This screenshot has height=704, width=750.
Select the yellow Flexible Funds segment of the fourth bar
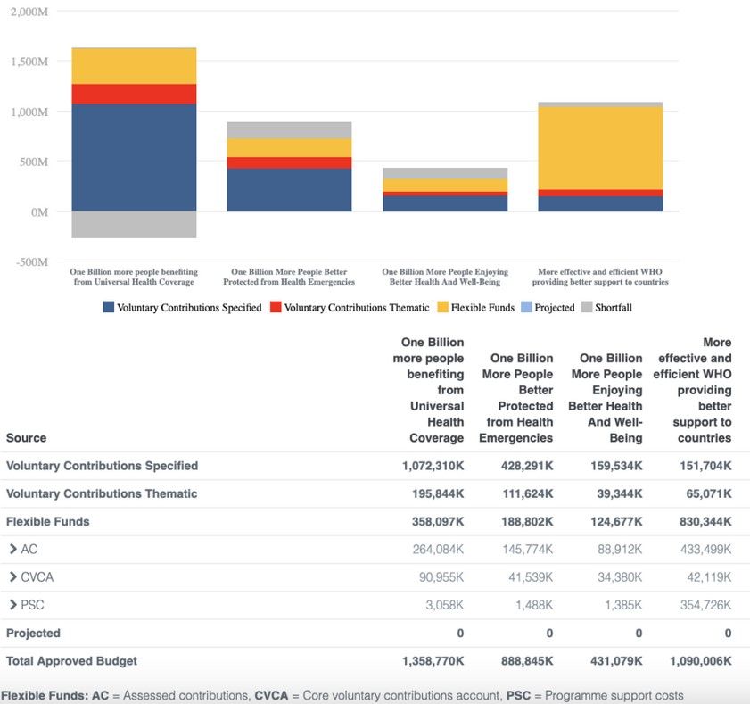(600, 147)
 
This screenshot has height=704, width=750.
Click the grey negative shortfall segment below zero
(134, 225)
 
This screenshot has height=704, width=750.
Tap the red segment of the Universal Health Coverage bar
(134, 94)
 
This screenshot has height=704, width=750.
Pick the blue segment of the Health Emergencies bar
(289, 189)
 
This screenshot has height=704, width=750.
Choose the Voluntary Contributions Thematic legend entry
(351, 308)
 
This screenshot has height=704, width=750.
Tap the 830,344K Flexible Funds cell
(701, 521)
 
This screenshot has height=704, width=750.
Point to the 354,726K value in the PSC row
(701, 605)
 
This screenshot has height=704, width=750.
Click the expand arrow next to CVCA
(13, 577)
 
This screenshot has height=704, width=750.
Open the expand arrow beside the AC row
(13, 550)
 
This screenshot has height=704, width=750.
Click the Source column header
(26, 438)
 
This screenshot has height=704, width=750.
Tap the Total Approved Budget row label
(71, 661)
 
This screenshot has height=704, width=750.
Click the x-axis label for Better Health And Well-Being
(445, 277)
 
